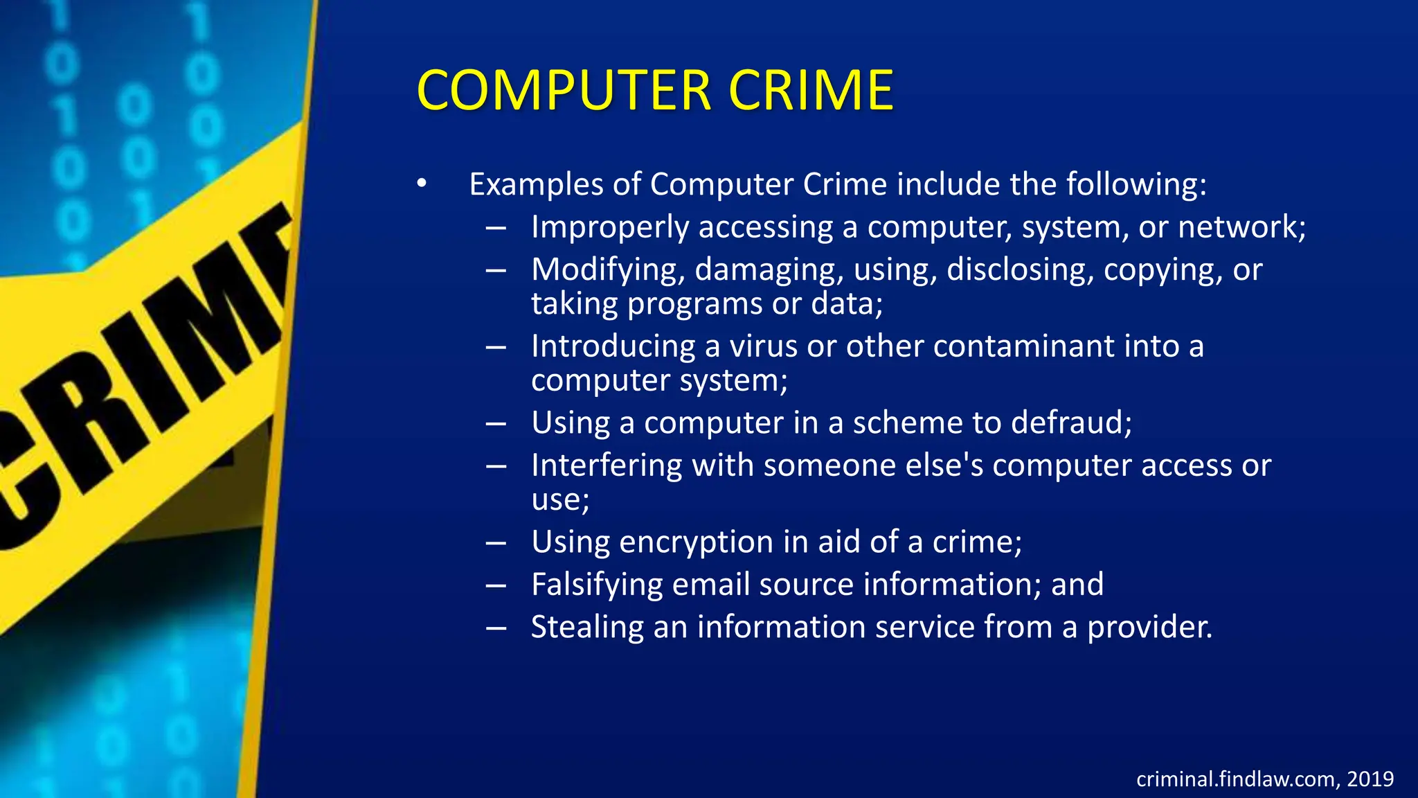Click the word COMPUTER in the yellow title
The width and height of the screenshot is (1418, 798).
click(564, 91)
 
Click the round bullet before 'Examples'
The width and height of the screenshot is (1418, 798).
click(422, 184)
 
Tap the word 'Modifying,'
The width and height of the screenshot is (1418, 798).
click(607, 270)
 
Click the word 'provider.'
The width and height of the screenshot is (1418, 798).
click(1149, 628)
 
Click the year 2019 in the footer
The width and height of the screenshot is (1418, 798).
click(1370, 779)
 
